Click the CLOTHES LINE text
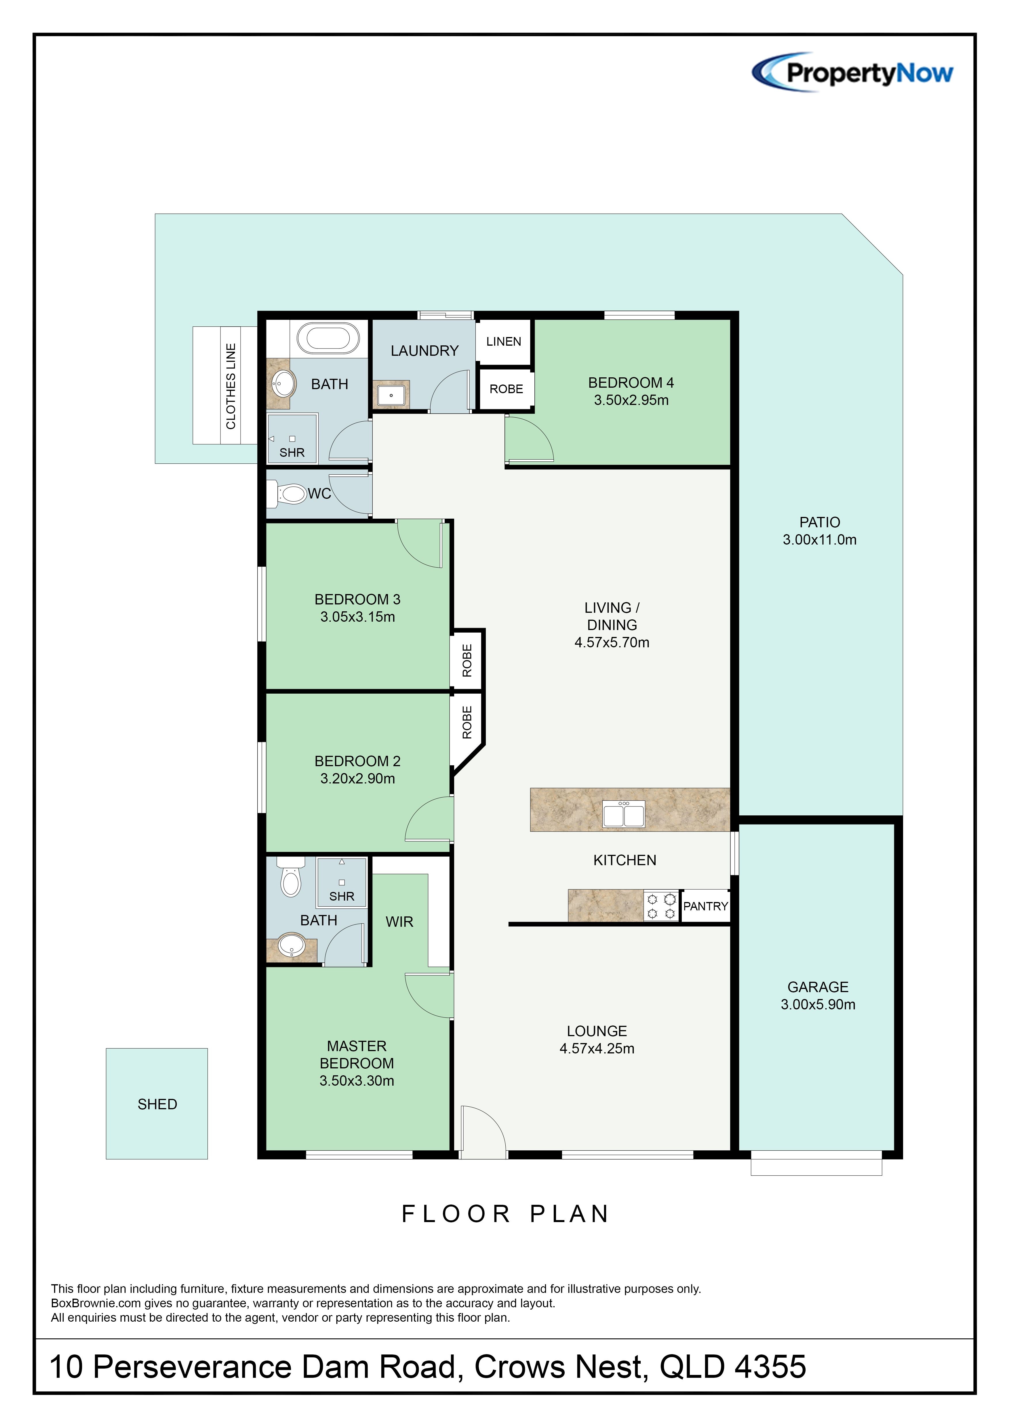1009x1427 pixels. click(x=231, y=386)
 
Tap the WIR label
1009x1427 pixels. click(x=399, y=922)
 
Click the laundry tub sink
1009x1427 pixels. click(x=391, y=395)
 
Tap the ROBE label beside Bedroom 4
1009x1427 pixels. click(x=506, y=389)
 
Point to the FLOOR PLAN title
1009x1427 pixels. click(x=505, y=1214)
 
